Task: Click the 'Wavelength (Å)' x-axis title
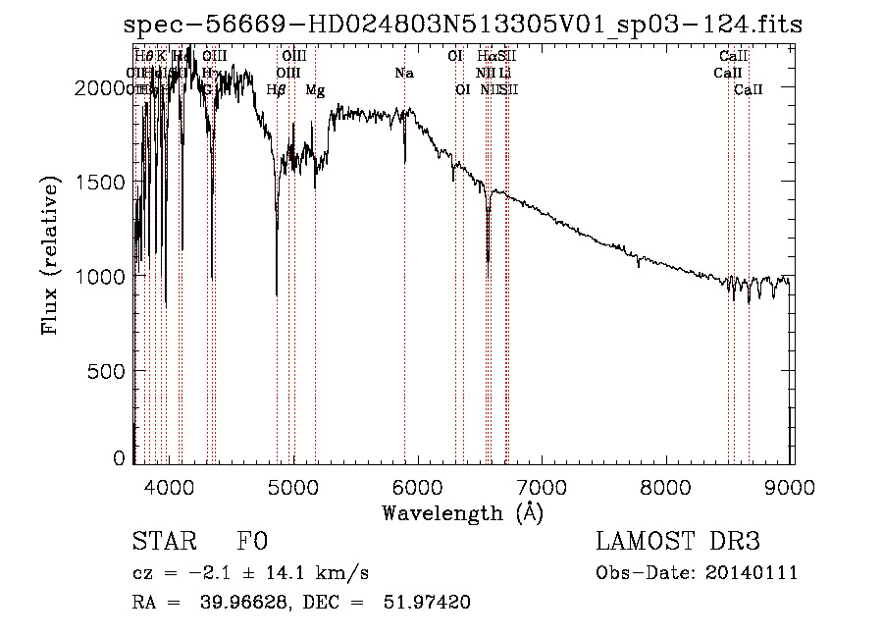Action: pyautogui.click(x=462, y=512)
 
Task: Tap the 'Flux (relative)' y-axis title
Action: pyautogui.click(x=50, y=255)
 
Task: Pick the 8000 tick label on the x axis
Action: pyautogui.click(x=667, y=487)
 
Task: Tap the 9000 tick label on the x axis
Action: pyautogui.click(x=791, y=487)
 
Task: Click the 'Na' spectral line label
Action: pyautogui.click(x=404, y=73)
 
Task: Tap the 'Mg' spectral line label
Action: pyautogui.click(x=315, y=89)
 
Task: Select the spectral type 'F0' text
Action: pyautogui.click(x=252, y=542)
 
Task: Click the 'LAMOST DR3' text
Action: pyautogui.click(x=678, y=542)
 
